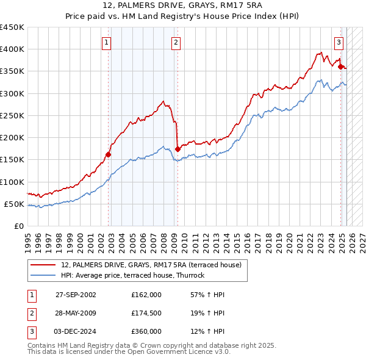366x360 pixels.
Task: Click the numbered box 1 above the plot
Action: [107, 42]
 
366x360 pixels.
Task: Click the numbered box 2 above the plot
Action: [176, 42]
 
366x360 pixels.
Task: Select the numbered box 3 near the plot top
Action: [339, 42]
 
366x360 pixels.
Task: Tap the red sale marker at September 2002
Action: [108, 154]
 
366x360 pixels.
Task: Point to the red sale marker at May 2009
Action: [178, 148]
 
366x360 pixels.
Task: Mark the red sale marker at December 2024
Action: [340, 67]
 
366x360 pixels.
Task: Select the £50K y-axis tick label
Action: [15, 204]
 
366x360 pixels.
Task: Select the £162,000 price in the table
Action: [146, 295]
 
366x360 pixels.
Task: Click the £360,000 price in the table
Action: [146, 331]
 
